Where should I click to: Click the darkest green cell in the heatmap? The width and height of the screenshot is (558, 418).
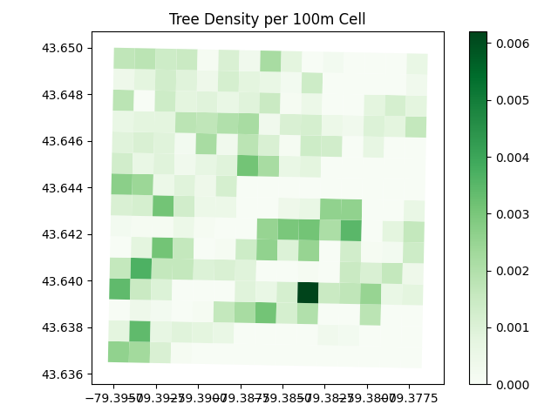[308, 293]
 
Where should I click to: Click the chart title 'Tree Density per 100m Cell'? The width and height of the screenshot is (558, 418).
[268, 19]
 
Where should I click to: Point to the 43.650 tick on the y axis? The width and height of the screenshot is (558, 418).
[64, 48]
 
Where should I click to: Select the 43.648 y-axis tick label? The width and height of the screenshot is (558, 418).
[64, 94]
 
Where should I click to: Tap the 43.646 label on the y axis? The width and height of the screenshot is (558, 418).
[64, 141]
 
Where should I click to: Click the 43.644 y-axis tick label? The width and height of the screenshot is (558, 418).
[64, 188]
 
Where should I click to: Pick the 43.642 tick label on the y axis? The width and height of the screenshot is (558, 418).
[64, 234]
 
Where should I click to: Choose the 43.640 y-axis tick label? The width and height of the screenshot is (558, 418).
[64, 281]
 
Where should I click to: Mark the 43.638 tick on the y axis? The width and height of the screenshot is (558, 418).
[64, 328]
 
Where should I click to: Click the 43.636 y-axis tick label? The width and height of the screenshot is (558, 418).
[64, 374]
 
